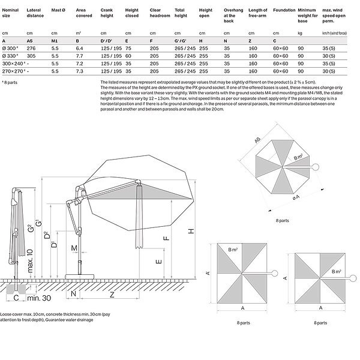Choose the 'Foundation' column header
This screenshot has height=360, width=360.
coord(284,11)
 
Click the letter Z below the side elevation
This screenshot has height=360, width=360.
coord(112,295)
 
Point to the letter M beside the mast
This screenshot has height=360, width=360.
coord(74,248)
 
